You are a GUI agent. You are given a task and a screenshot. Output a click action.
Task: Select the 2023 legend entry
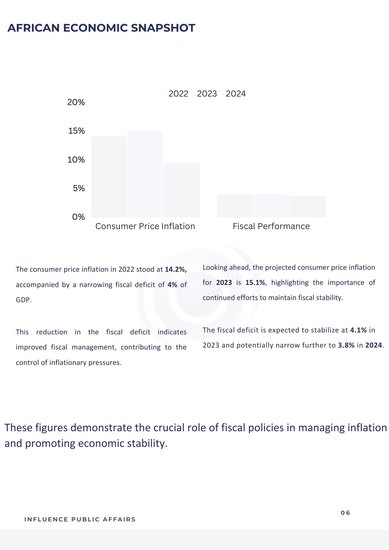point(207,94)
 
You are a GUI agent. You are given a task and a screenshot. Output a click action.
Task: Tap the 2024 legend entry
point(235,94)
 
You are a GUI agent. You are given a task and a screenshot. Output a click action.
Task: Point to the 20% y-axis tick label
point(76,102)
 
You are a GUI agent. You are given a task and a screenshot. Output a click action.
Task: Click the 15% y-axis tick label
point(76,131)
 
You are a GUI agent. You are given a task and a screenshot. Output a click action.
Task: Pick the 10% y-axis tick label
point(76,160)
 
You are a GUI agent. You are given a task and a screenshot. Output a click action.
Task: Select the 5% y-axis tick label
point(79,188)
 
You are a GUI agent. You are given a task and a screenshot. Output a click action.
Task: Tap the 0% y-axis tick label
point(78,217)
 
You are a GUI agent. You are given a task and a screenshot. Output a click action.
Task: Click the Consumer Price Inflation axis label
point(145,226)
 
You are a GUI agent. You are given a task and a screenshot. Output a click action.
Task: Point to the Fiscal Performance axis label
point(271,226)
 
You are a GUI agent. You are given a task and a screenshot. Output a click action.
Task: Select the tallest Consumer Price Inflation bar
point(145,174)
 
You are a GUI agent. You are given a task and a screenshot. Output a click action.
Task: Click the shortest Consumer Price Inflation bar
point(182,190)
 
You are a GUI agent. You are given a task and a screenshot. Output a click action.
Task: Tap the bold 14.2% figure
point(176,269)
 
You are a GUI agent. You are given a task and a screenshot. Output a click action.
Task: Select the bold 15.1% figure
point(255,283)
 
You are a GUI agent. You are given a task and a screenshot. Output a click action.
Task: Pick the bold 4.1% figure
point(358,330)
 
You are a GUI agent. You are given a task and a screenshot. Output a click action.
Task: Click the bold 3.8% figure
point(346,345)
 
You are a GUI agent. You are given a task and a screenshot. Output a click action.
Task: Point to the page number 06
point(345,513)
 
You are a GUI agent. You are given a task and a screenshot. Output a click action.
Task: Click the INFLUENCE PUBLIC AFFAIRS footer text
point(80,519)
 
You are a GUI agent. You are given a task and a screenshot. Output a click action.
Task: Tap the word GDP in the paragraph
point(23,300)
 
